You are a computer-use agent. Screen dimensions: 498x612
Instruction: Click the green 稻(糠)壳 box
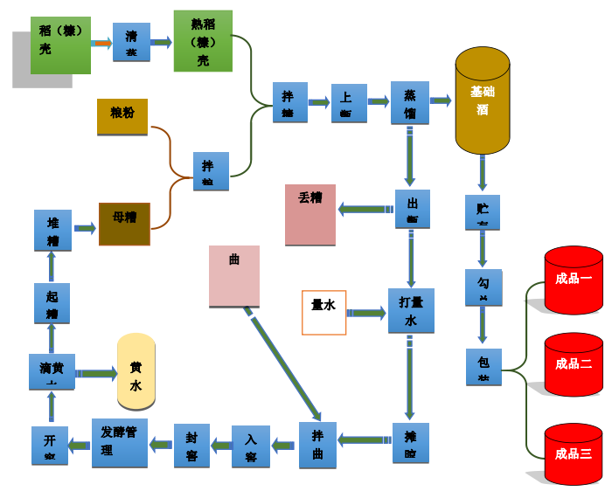[x=60, y=45]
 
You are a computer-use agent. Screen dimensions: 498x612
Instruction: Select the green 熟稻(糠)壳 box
[x=203, y=41]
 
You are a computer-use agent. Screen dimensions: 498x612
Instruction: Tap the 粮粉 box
[x=122, y=117]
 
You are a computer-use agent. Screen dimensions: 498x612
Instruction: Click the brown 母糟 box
[x=124, y=224]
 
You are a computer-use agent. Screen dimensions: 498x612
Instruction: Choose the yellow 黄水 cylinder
[x=136, y=371]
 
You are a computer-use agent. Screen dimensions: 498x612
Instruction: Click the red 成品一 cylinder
[x=574, y=280]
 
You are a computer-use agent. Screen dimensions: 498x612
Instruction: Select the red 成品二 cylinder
[x=574, y=364]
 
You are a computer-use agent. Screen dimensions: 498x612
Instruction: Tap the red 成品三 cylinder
[x=574, y=453]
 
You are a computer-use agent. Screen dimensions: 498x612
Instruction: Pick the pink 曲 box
[x=234, y=275]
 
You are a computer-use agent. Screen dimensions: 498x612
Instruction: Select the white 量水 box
[x=323, y=312]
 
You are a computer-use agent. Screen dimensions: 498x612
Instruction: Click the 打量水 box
[x=411, y=310]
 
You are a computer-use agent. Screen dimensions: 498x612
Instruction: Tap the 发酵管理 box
[x=120, y=442]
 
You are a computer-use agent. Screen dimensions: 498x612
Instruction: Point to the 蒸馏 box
[x=409, y=103]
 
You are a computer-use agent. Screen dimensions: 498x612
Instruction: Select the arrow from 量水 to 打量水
[x=366, y=313]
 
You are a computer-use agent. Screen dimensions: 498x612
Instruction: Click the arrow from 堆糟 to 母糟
[x=85, y=229]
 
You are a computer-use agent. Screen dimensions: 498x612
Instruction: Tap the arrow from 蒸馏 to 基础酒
[x=441, y=101]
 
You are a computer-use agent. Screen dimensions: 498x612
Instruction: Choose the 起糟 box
[x=52, y=303]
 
